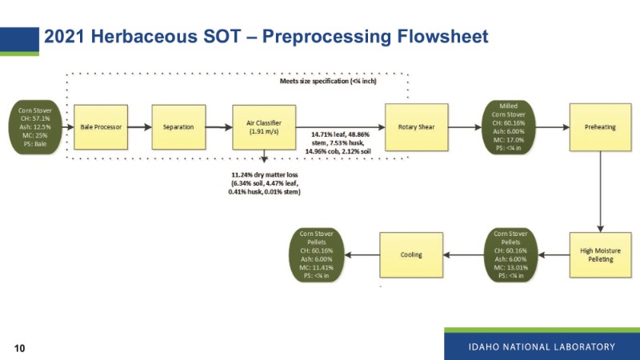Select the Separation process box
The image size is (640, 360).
click(178, 126)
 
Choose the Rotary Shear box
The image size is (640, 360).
click(411, 126)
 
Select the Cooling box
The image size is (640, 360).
click(411, 254)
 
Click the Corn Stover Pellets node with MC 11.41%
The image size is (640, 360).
click(316, 254)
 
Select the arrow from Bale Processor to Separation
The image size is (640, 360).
click(138, 126)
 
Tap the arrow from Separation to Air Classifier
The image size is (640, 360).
click(218, 126)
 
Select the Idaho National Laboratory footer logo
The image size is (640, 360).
click(542, 346)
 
